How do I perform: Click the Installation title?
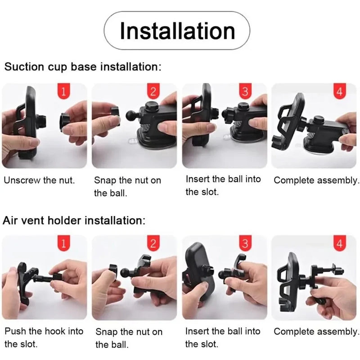(177, 31)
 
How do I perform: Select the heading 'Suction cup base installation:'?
(83, 67)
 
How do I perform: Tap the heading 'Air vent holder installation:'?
(74, 220)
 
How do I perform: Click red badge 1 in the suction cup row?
(63, 91)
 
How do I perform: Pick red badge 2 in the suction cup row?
(153, 91)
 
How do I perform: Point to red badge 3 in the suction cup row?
(245, 91)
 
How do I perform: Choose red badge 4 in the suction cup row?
(340, 91)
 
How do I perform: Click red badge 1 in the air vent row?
(63, 243)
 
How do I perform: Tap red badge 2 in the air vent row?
(153, 243)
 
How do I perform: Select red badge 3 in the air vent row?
(245, 243)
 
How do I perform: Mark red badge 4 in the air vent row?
(340, 243)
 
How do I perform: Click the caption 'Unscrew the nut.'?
(40, 180)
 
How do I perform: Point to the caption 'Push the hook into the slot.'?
(44, 337)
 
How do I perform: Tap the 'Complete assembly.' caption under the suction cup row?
(316, 181)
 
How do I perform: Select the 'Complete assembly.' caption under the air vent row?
(316, 332)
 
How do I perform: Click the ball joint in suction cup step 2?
(131, 116)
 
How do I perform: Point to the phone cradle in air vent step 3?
(198, 272)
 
